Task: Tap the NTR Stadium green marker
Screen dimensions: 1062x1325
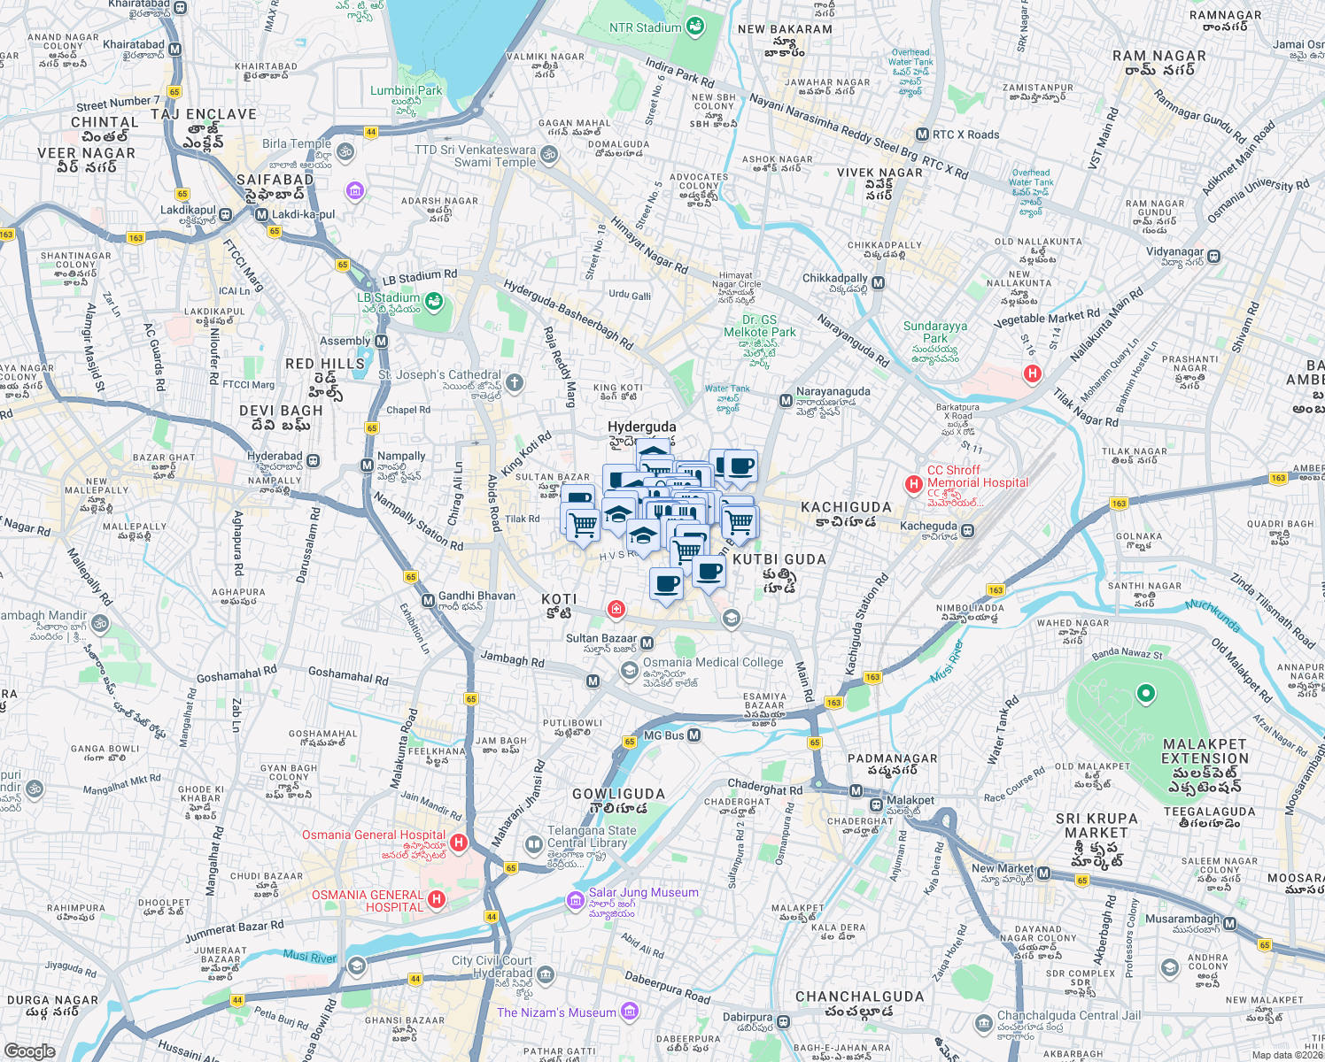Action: [x=695, y=27]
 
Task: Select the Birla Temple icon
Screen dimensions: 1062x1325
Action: [x=345, y=151]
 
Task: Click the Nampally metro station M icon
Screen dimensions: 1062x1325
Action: [x=368, y=465]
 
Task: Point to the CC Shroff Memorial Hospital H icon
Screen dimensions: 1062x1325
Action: [x=913, y=484]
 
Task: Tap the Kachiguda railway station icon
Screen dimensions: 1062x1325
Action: [x=968, y=531]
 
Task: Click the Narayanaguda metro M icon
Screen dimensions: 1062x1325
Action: [x=785, y=401]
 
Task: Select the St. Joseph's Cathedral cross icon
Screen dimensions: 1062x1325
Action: [x=515, y=382]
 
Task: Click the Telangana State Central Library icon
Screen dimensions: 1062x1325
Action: [x=533, y=844]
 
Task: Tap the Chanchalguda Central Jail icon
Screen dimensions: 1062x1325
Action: [x=983, y=1024]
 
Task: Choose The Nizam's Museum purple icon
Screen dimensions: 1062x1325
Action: [x=630, y=1011]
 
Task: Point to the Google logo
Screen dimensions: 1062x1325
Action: [x=29, y=1051]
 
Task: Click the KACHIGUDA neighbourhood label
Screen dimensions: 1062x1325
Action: [x=846, y=508]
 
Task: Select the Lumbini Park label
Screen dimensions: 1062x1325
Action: [x=406, y=90]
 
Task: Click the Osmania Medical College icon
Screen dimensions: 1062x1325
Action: [x=629, y=671]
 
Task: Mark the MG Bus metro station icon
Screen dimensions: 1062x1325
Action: [x=694, y=735]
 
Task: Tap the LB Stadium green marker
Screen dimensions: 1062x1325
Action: [x=433, y=304]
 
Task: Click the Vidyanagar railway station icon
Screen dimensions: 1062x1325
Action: [x=1213, y=257]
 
